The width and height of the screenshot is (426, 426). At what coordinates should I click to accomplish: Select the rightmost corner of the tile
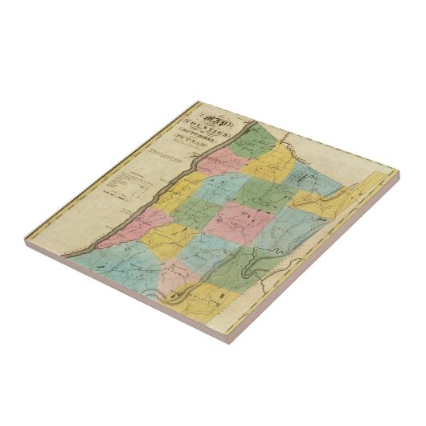click(x=399, y=171)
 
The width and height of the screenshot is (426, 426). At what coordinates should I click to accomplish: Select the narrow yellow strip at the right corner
click(x=378, y=186)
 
